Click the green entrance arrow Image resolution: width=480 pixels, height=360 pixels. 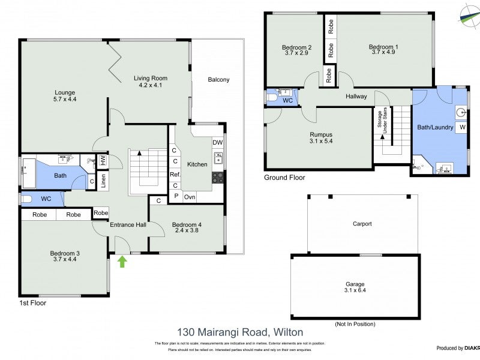pos(122,261)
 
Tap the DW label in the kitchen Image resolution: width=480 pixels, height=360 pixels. pos(217,142)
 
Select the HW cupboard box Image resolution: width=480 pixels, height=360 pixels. pos(103,161)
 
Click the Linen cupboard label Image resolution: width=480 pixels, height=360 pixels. pos(103,182)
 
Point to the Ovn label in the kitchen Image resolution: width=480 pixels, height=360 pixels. pos(190,196)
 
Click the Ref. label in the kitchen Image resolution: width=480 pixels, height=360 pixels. pos(175,174)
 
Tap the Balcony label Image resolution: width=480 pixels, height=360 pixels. pos(218,80)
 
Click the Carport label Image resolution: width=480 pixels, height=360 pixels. pos(362,224)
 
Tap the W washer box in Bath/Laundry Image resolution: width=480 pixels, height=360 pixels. pos(463,127)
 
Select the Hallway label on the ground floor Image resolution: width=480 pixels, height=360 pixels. pos(356,96)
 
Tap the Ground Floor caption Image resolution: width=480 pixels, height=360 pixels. pos(284,178)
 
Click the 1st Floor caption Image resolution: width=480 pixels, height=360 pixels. pos(32,303)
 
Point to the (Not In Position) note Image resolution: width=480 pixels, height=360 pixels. pos(355,324)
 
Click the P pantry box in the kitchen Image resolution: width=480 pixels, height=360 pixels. pos(176,196)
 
